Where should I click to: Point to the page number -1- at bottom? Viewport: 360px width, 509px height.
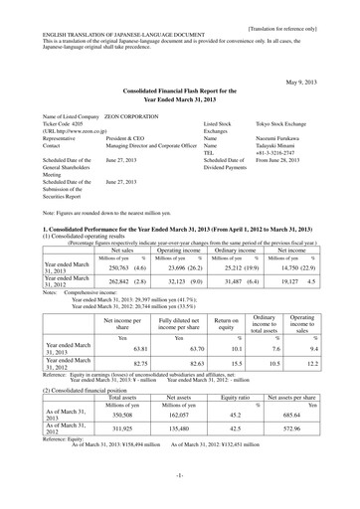pos(179,490)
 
